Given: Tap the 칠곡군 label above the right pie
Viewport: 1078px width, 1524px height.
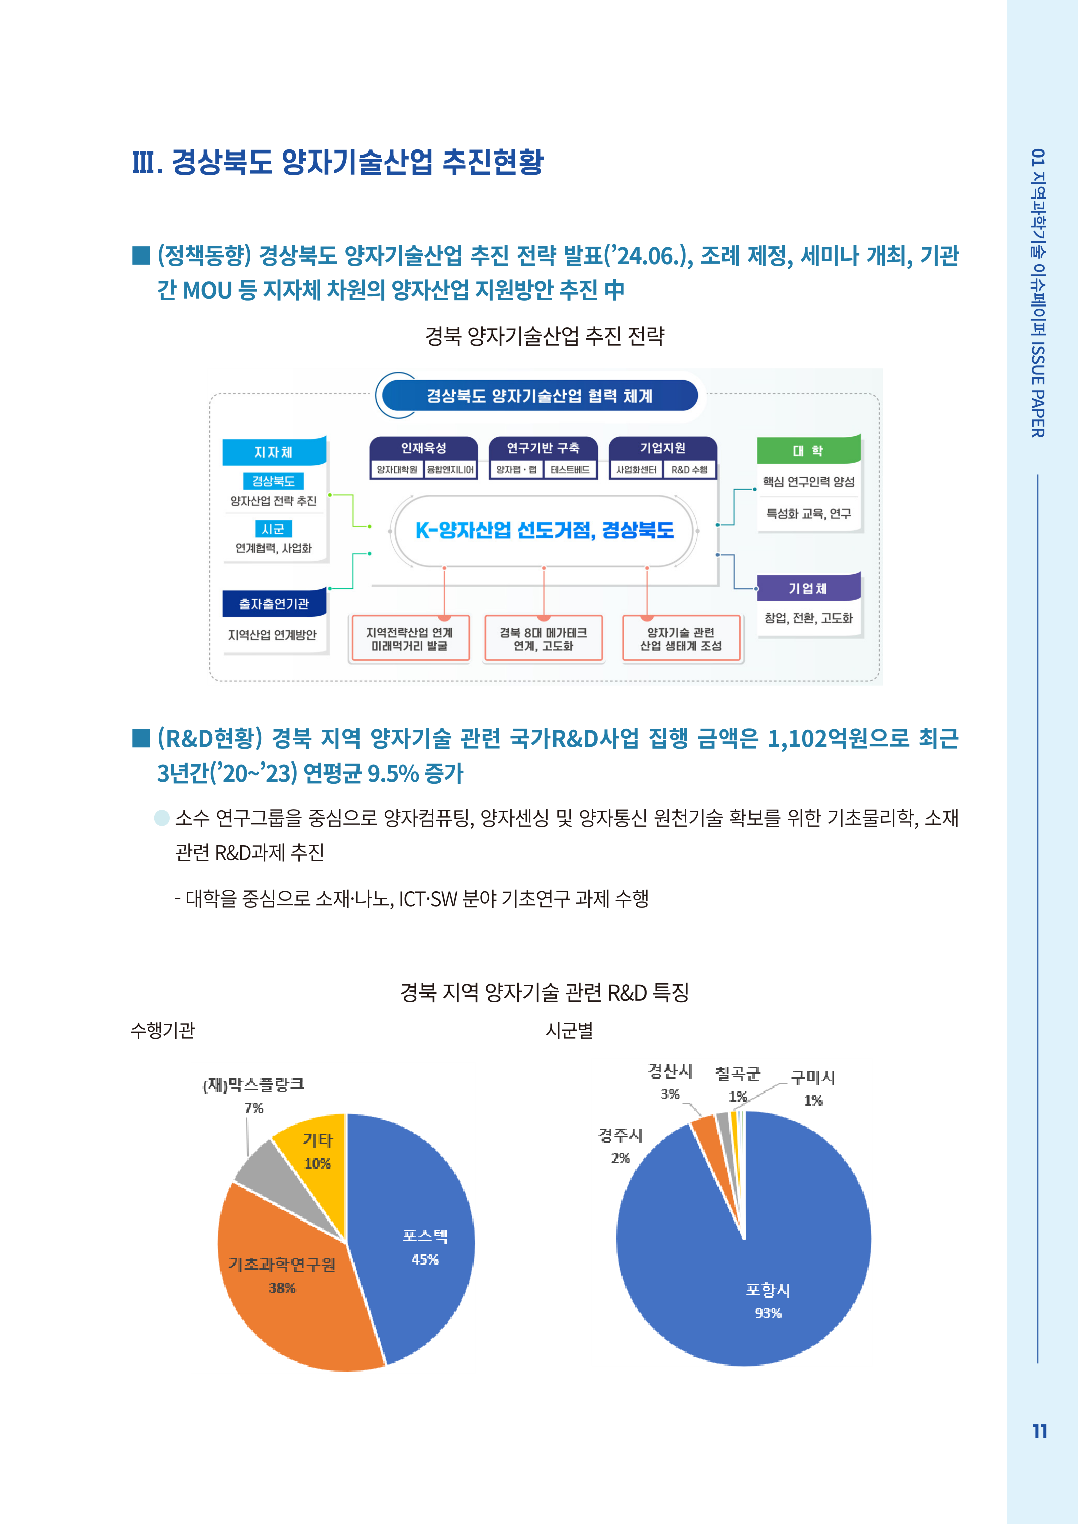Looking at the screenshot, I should pyautogui.click(x=737, y=1073).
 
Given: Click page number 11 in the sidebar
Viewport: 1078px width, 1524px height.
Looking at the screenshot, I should pyautogui.click(x=1039, y=1431).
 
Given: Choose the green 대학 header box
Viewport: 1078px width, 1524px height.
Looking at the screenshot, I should pyautogui.click(x=808, y=451).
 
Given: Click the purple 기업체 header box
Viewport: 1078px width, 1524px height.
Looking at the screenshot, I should pyautogui.click(x=808, y=588).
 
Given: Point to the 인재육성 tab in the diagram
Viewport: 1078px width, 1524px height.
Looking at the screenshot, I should pyautogui.click(x=424, y=448).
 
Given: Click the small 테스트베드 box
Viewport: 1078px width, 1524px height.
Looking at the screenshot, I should pyautogui.click(x=570, y=470).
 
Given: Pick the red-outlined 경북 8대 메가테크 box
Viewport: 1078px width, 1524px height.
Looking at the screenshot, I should pyautogui.click(x=543, y=639).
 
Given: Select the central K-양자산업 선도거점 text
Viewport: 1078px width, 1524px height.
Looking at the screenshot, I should pyautogui.click(x=545, y=530).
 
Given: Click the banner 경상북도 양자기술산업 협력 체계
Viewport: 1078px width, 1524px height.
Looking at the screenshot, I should pyautogui.click(x=539, y=396).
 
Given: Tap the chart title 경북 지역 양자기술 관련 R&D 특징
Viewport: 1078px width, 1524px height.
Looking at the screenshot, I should pyautogui.click(x=545, y=993).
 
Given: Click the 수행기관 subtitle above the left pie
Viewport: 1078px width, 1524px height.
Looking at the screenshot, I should pyautogui.click(x=162, y=1030).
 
